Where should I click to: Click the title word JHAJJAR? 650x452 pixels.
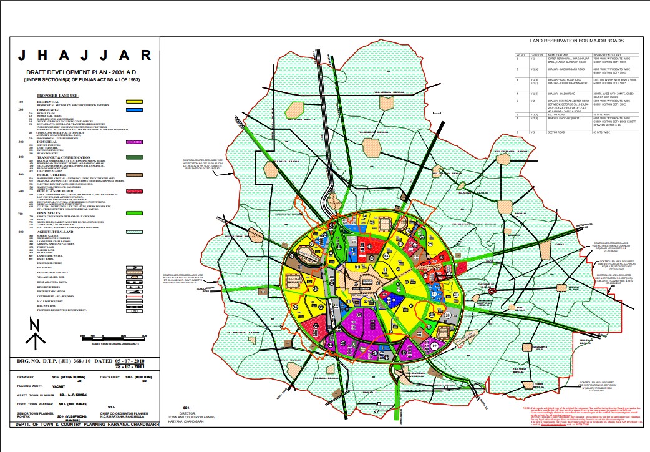pos(84,56)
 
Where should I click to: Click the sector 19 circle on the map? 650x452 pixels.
pos(434,345)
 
